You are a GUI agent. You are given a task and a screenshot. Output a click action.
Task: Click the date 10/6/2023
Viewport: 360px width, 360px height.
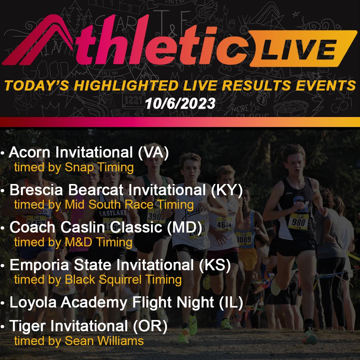pos(180,104)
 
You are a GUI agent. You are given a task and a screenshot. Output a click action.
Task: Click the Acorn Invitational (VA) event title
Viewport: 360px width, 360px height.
pos(89,153)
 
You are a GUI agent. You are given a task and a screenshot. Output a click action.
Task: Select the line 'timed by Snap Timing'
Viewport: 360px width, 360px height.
pos(74,167)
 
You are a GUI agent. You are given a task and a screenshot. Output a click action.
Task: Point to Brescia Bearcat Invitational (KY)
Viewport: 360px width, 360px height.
pos(126,190)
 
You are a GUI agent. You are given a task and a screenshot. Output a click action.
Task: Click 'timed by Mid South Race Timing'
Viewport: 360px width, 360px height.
pos(104,204)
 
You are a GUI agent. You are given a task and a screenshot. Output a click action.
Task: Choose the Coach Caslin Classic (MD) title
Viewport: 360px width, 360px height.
pos(106,228)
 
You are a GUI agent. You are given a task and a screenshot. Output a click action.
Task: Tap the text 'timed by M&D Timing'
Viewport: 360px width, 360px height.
pos(73,242)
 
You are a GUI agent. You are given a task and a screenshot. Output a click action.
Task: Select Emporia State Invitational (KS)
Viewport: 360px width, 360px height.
pos(120,265)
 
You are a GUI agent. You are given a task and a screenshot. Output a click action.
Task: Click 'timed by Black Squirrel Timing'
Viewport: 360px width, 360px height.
pos(98,279)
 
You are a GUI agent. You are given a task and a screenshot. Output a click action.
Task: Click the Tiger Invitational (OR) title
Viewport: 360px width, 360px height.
pos(88,327)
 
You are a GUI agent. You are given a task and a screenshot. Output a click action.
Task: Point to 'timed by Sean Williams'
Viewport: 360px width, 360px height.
pos(79,341)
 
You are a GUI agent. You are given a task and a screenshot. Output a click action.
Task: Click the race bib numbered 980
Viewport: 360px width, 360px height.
pos(298,221)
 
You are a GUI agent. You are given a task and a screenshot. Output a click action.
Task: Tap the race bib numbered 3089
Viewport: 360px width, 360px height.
pos(244,239)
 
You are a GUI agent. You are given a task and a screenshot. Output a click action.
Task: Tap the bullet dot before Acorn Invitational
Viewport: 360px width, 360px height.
pos(3,154)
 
